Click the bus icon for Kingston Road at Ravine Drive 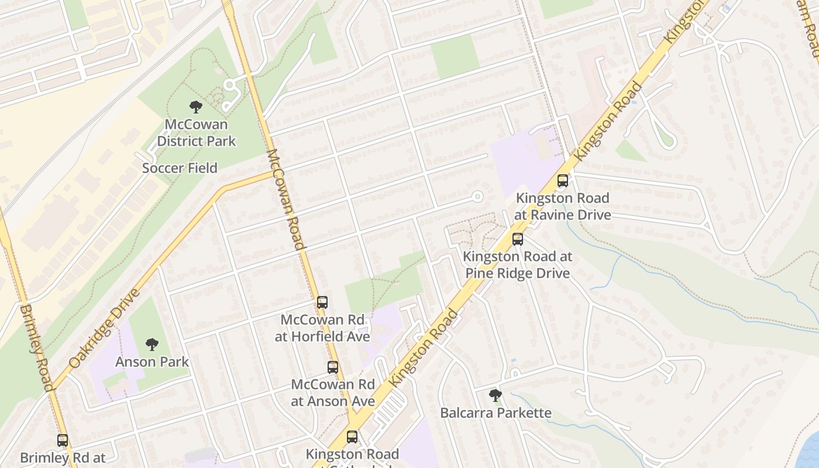pos(563,181)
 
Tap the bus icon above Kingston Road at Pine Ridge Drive pos(517,239)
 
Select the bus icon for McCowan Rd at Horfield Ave pos(322,302)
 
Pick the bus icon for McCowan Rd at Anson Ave pos(332,367)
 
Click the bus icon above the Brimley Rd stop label pos(63,441)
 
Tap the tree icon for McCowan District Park pos(196,106)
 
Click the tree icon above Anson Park pos(152,344)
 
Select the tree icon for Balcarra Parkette pos(495,395)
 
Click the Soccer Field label pos(180,168)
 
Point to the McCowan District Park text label pos(196,133)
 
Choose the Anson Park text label pos(152,362)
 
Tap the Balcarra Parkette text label pos(495,413)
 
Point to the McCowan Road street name pos(285,199)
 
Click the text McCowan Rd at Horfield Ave pos(322,328)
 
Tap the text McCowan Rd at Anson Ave pos(333,393)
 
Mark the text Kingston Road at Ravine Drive pos(563,207)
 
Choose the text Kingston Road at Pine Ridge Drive pos(518,265)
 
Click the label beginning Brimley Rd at pos(63,458)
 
